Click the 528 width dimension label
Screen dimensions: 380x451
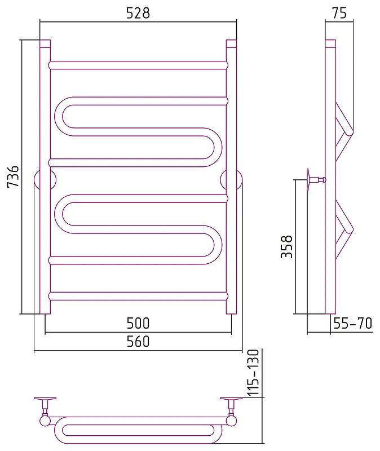tap(138, 13)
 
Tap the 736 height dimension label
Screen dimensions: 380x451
tap(13, 176)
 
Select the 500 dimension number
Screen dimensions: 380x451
tap(138, 323)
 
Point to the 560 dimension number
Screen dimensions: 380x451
tap(138, 342)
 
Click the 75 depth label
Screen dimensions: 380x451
tap(339, 13)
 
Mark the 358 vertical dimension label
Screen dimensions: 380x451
tap(286, 246)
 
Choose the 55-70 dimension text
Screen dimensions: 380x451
tap(353, 323)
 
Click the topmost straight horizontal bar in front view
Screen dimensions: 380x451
tap(138, 65)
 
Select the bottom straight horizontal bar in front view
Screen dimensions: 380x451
tap(138, 297)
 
